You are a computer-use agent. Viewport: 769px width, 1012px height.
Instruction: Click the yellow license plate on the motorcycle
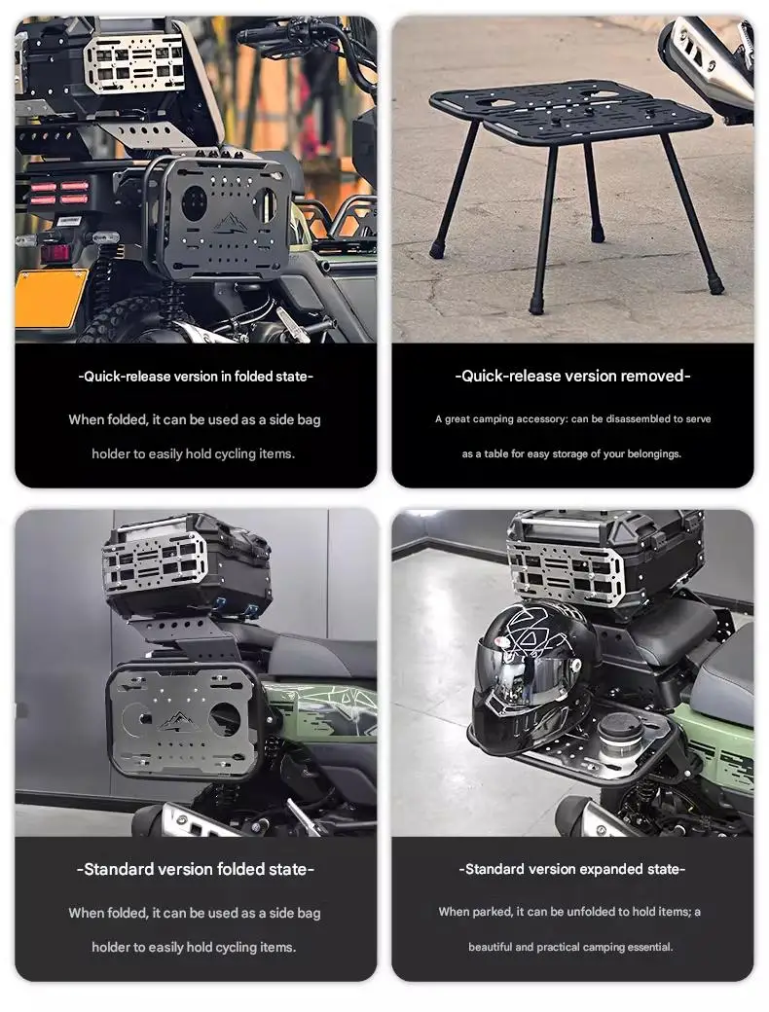click(51, 298)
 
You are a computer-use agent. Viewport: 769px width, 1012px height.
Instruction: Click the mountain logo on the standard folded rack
click(175, 720)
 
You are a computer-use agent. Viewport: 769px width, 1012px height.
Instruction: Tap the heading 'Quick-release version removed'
click(572, 376)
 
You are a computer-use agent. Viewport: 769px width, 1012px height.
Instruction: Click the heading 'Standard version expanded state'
click(572, 869)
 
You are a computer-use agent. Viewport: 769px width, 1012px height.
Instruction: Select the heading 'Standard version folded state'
click(196, 869)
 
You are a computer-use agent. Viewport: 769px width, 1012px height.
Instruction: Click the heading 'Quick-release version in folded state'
click(196, 377)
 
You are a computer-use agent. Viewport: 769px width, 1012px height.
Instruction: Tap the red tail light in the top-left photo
click(58, 193)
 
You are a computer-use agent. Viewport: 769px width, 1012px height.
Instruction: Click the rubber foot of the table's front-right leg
click(715, 284)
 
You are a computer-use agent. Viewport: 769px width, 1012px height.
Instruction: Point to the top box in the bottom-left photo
click(187, 562)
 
